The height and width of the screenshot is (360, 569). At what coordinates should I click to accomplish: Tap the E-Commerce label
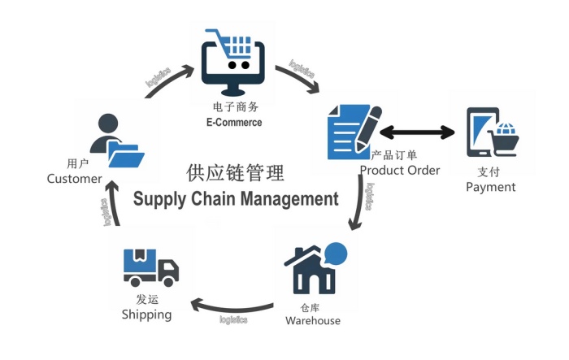point(234,123)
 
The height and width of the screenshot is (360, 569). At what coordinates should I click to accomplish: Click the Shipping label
point(147,314)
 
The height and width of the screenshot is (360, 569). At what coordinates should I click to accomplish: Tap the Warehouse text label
point(313,320)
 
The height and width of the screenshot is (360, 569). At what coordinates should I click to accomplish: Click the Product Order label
point(400,170)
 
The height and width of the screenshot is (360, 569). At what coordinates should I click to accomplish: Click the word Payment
point(491,187)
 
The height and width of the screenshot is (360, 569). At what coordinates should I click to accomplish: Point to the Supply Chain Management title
point(235,197)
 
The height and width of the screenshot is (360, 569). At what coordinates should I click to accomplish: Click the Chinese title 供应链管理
point(235,173)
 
